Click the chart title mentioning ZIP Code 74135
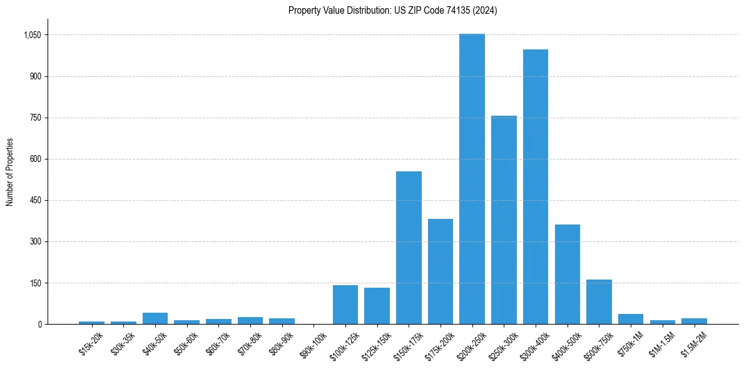coord(392,11)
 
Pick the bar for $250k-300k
coord(504,220)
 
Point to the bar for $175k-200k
coord(441,271)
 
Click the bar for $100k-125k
coord(345,305)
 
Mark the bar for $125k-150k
coord(377,306)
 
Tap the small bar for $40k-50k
coord(155,318)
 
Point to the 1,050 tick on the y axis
coord(31,35)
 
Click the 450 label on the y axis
coord(35,200)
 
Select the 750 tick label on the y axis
coord(35,118)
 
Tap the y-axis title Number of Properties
coord(9,172)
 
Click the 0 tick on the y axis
coord(39,324)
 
